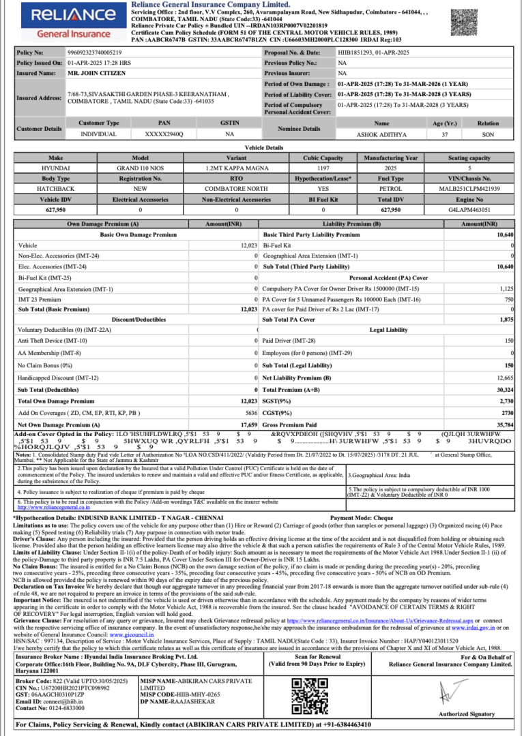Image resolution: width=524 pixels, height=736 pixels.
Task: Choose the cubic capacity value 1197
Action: pos(323,167)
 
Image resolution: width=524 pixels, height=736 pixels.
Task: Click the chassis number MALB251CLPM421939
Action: pos(469,188)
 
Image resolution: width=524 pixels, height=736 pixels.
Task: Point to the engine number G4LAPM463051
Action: pos(469,209)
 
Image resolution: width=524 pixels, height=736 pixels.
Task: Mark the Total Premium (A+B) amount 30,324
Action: pos(504,389)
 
